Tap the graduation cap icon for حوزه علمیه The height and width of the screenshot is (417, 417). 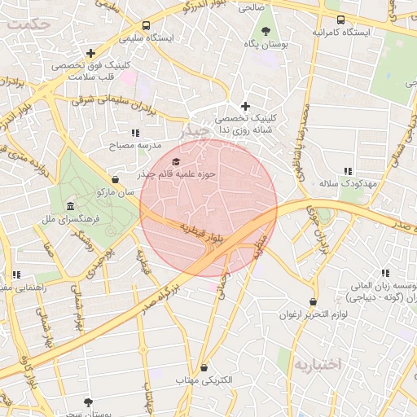click(177, 161)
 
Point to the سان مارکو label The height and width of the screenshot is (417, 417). click(115, 193)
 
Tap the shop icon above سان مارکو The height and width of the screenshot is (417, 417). click(115, 180)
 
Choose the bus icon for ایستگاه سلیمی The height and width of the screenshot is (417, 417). click(146, 25)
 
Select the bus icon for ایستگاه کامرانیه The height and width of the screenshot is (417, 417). click(340, 20)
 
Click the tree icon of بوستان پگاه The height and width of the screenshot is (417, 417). click(266, 31)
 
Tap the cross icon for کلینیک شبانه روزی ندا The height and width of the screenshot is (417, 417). click(245, 106)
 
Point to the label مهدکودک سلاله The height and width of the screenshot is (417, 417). click(348, 184)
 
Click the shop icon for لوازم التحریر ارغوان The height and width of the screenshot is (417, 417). click(313, 301)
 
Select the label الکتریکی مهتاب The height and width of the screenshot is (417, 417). click(204, 380)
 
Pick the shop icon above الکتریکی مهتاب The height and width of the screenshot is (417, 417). click(204, 367)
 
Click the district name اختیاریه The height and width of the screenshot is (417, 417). click(320, 363)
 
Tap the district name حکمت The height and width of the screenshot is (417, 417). click(26, 24)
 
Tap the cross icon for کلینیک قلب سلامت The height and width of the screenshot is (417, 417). click(90, 53)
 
